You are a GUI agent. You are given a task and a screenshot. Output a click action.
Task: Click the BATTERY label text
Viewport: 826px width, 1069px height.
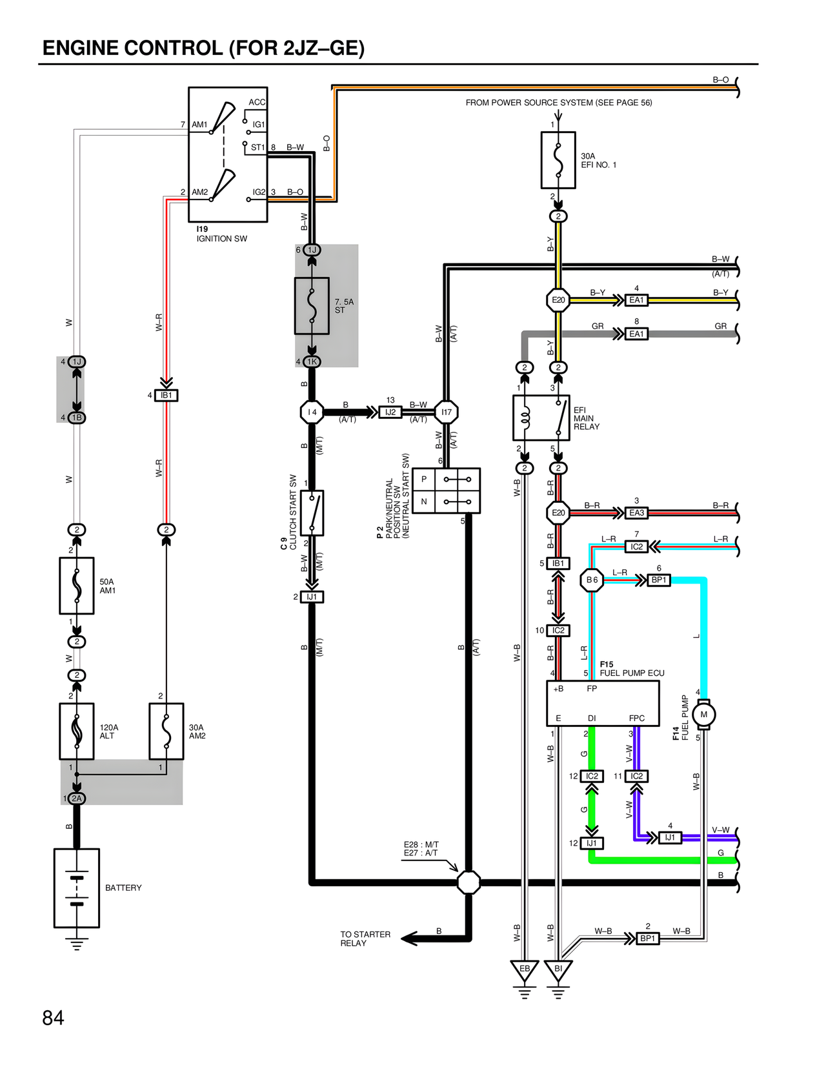coord(123,888)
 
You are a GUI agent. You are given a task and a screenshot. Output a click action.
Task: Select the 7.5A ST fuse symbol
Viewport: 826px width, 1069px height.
coord(312,306)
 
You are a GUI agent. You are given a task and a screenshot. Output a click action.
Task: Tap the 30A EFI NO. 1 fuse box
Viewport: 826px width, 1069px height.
coord(558,160)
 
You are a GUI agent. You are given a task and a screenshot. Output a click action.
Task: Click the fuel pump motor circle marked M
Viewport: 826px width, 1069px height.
coord(703,714)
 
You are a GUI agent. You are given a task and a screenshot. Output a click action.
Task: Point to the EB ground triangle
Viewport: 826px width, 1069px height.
coord(524,970)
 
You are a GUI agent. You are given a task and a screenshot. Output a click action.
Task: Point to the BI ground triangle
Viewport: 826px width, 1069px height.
coord(558,970)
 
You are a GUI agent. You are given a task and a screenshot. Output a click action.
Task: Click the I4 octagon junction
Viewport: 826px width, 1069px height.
coord(312,412)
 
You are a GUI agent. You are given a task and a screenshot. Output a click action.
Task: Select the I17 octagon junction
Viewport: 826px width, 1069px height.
coord(447,412)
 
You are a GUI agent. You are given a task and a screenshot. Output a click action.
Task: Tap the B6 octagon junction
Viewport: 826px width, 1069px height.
coord(592,580)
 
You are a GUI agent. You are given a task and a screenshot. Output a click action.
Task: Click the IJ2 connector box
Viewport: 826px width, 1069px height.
coord(390,412)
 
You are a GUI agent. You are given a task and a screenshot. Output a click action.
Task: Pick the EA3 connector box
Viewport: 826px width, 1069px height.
coord(636,513)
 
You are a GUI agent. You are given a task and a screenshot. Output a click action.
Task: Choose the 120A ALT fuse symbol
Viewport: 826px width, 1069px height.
coord(77,731)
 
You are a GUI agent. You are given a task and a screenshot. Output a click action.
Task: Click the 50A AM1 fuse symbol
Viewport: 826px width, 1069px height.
coord(77,585)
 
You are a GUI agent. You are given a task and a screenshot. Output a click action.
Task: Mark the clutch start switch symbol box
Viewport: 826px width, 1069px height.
coord(312,513)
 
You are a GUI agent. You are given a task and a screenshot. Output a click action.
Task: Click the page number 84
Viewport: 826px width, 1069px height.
coord(53,1018)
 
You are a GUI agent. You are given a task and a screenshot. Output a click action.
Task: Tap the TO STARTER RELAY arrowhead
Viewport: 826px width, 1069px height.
coord(408,939)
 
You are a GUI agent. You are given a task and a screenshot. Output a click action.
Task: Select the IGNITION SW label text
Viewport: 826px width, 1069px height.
coord(221,239)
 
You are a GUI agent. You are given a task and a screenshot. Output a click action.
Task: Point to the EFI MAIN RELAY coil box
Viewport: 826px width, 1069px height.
coord(541,418)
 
